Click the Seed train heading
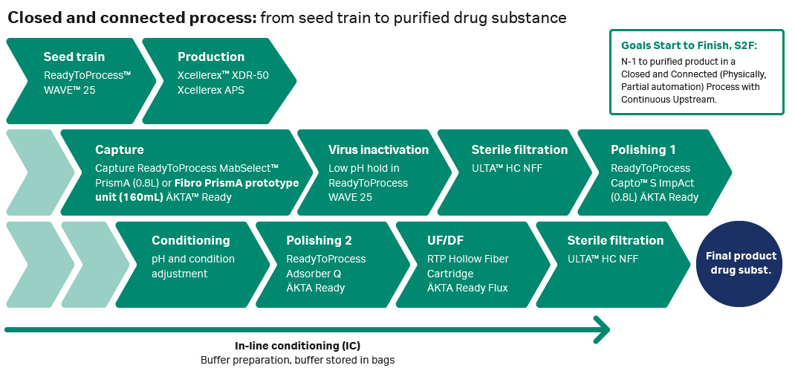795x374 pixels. tap(74, 57)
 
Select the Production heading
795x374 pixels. tap(211, 57)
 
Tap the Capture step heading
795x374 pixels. tap(119, 149)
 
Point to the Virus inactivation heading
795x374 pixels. tap(378, 149)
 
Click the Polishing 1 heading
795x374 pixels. tap(643, 149)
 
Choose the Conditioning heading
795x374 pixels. tap(191, 241)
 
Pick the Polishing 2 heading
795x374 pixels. tap(319, 241)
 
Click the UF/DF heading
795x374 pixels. tap(445, 241)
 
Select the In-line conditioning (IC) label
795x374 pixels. tap(298, 346)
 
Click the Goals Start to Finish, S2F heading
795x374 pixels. tap(689, 45)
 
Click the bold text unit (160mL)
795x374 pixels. tap(129, 197)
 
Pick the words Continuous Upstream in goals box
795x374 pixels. tap(668, 100)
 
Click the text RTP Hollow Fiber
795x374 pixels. tap(468, 259)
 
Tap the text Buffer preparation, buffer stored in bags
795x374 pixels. tap(298, 361)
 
